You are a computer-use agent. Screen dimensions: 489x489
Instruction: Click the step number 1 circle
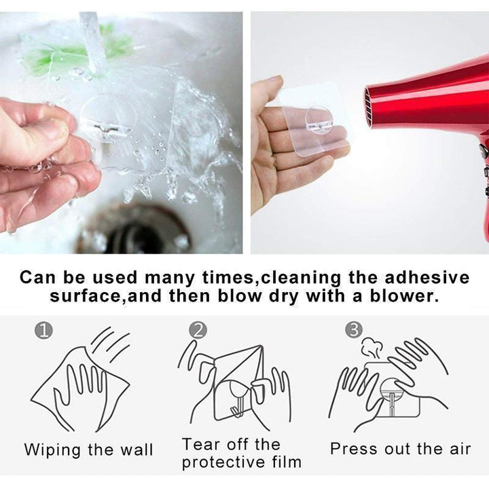[x=43, y=331]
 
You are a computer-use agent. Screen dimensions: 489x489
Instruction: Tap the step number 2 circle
[x=198, y=330]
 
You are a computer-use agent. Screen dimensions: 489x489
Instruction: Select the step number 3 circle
[x=354, y=330]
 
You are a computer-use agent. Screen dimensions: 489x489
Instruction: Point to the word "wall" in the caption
[x=137, y=450]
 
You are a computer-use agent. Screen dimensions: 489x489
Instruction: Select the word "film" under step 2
[x=287, y=462]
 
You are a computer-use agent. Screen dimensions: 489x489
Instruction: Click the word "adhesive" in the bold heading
[x=427, y=278]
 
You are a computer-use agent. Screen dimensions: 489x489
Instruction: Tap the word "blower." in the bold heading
[x=404, y=296]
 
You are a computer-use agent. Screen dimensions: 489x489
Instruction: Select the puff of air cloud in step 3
[x=372, y=348]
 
